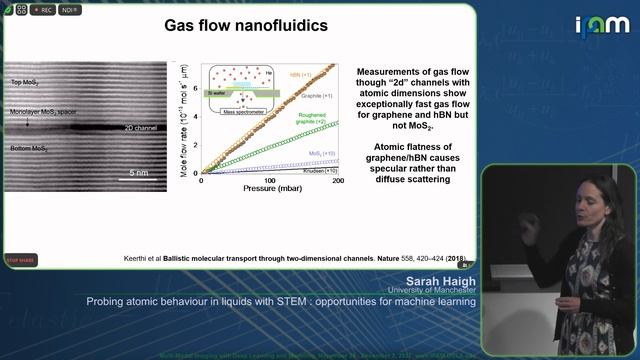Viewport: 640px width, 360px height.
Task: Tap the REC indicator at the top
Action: [x=43, y=10]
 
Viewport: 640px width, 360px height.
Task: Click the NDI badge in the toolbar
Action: [x=70, y=10]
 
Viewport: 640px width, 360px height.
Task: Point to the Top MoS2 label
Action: [x=26, y=83]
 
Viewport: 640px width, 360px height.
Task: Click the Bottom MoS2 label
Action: [x=28, y=148]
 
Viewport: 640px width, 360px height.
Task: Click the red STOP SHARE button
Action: [x=20, y=259]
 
